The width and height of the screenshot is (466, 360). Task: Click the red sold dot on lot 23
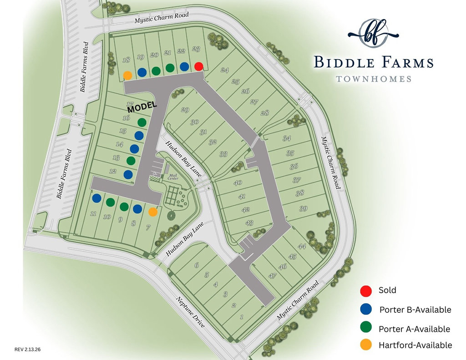[x=198, y=66]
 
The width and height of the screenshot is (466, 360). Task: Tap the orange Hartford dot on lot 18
[x=128, y=75]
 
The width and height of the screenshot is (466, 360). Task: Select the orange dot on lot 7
[x=153, y=212]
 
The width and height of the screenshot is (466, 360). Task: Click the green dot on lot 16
[x=142, y=122]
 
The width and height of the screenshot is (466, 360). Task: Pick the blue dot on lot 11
[x=96, y=198]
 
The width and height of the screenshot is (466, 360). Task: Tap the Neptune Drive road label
[x=191, y=311]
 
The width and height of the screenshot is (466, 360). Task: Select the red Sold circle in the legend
[x=365, y=290]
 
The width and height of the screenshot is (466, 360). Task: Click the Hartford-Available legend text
[x=415, y=345]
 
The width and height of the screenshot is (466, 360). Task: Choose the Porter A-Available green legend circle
[x=365, y=328]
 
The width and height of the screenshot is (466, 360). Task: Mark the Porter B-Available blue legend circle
[x=365, y=309]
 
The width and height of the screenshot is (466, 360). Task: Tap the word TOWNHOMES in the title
[x=373, y=79]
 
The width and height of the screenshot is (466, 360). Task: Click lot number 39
[x=304, y=208]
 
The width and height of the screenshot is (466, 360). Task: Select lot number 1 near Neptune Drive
[x=242, y=317]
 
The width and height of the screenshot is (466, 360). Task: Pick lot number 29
[x=185, y=110]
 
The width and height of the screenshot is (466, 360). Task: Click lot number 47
[x=273, y=276]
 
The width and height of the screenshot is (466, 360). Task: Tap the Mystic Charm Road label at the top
[x=162, y=17]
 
